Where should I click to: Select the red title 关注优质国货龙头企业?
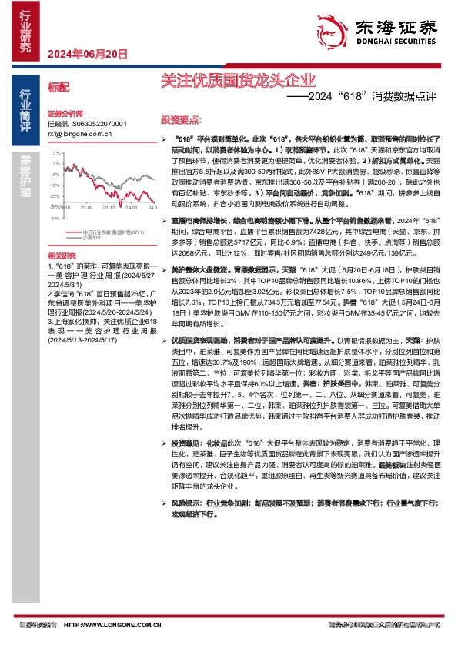pyautogui.click(x=238, y=79)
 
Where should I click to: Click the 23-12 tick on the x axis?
pyautogui.click(x=109, y=207)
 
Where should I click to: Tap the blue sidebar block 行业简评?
pyautogui.click(x=25, y=109)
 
